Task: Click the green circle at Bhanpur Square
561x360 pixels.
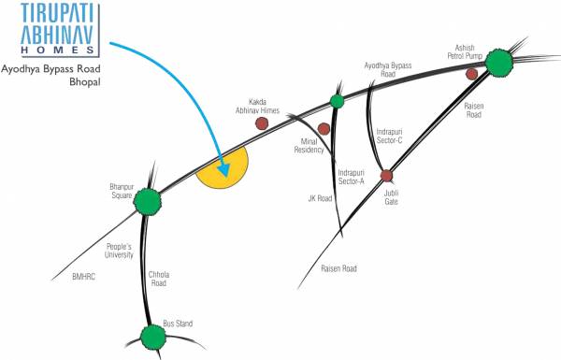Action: [147, 201]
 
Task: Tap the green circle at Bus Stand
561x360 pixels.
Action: [152, 335]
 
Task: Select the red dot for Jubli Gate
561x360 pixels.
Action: [386, 175]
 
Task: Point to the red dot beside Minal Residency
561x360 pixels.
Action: [324, 128]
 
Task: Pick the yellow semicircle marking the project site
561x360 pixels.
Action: [224, 169]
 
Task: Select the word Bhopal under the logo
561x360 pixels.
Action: [81, 84]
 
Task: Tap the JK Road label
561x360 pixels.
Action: [320, 197]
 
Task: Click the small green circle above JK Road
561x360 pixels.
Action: [337, 101]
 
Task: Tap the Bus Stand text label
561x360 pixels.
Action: [178, 324]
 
